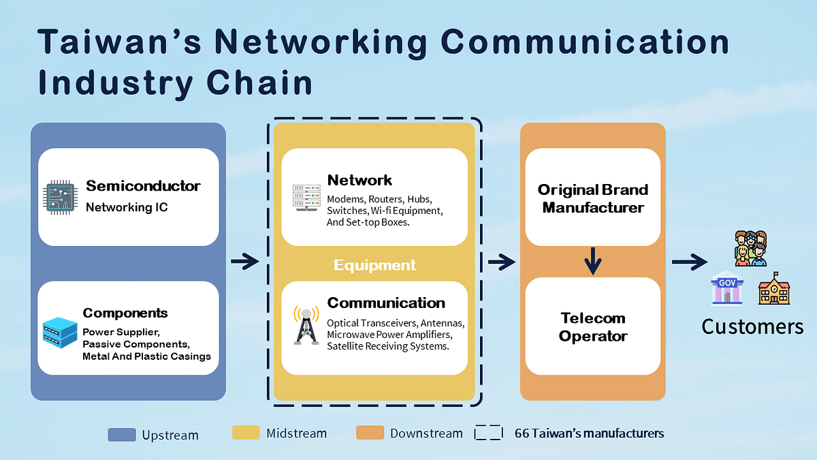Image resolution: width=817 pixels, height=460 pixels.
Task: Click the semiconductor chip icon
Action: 60,198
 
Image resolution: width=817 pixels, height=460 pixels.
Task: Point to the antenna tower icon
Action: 306,326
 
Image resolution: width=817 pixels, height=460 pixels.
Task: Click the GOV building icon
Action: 726,288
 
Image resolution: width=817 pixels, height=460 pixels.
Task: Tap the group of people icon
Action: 750,249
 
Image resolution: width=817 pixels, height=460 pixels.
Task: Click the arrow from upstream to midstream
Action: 245,261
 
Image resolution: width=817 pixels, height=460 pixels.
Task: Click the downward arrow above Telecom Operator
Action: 593,260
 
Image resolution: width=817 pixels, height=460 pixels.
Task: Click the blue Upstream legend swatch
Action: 121,434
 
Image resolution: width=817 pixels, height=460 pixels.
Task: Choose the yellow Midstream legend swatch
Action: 246,433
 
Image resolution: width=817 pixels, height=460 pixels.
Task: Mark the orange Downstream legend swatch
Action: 370,433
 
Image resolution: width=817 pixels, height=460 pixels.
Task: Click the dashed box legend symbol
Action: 488,433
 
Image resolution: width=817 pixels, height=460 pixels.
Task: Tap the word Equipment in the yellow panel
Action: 374,265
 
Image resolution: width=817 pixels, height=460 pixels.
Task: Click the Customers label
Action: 752,326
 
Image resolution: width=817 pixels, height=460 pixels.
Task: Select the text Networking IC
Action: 127,207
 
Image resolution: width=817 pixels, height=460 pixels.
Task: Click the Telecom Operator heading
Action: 593,327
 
